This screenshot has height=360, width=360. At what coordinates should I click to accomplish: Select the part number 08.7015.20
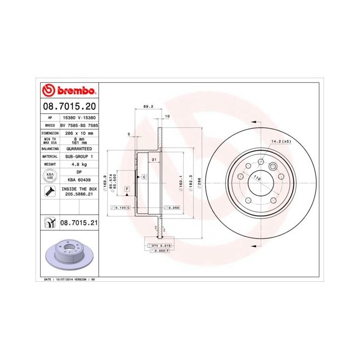tap(69, 106)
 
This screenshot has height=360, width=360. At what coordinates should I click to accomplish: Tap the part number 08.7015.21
tap(79, 223)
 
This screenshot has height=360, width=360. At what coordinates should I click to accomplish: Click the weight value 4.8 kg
tap(79, 164)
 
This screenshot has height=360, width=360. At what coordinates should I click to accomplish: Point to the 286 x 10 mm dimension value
tap(79, 133)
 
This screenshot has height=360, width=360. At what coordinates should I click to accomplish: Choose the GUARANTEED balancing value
tap(79, 148)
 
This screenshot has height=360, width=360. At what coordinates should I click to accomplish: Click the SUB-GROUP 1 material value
tap(79, 156)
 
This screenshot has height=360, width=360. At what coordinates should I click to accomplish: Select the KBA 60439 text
tap(79, 180)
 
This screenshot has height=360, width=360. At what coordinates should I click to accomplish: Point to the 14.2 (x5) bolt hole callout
tap(281, 141)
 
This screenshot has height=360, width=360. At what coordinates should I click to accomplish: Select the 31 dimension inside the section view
tap(154, 160)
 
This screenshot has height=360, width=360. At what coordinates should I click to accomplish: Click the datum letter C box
tap(144, 177)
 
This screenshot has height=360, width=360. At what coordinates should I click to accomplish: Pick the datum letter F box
tap(127, 189)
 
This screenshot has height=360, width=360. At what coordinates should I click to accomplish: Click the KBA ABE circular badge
tap(50, 176)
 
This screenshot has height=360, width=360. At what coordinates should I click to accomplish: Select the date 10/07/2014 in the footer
tap(63, 279)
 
